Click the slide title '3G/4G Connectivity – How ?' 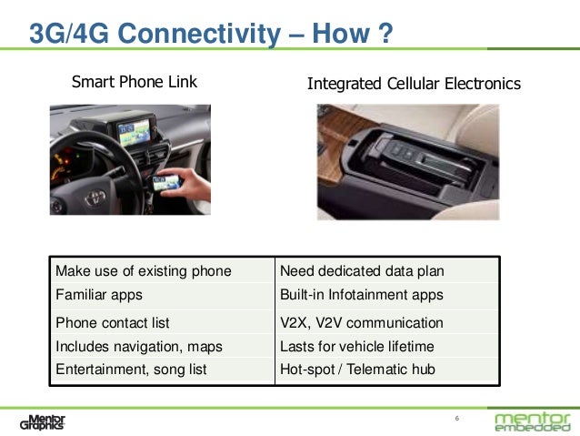tap(211, 35)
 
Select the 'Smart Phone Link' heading tap(135, 84)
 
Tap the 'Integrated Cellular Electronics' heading tap(414, 84)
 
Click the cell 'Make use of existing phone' tap(144, 270)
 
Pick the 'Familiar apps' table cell tap(99, 295)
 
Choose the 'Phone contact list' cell tap(113, 322)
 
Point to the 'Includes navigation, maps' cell tap(139, 346)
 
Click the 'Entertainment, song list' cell tap(132, 369)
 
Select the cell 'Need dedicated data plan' tap(362, 270)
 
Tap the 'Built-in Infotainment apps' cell tap(362, 295)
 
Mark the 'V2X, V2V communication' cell tap(362, 322)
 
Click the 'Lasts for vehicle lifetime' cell tap(357, 346)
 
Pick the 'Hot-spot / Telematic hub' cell tap(357, 369)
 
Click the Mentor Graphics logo tap(43, 421)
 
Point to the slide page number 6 tap(456, 419)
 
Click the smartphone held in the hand tap(168, 183)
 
